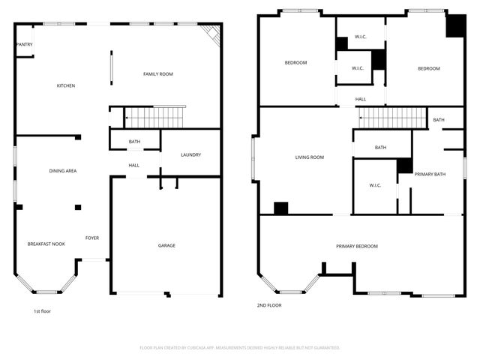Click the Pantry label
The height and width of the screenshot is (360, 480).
[x=24, y=44]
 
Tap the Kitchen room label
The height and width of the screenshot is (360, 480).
[x=66, y=85]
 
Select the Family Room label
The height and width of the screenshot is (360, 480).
[x=158, y=73]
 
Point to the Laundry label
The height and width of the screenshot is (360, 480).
[x=190, y=155]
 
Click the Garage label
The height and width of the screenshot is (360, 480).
[x=166, y=245]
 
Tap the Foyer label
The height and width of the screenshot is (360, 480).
[x=91, y=238]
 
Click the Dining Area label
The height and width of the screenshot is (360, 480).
[x=63, y=171]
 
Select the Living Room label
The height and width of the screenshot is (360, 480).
[x=309, y=157]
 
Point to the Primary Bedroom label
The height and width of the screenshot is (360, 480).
[x=356, y=246]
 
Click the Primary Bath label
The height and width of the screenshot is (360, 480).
[x=430, y=174]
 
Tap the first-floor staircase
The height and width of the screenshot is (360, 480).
[x=154, y=118]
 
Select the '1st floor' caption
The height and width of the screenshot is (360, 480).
[x=42, y=311]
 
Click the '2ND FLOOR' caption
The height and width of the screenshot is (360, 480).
[x=268, y=306]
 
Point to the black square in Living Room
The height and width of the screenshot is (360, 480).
[x=281, y=208]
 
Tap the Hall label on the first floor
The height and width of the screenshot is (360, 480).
[x=133, y=166]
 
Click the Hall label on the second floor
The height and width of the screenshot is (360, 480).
[x=361, y=99]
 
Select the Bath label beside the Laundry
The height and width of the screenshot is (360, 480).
[x=134, y=142]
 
